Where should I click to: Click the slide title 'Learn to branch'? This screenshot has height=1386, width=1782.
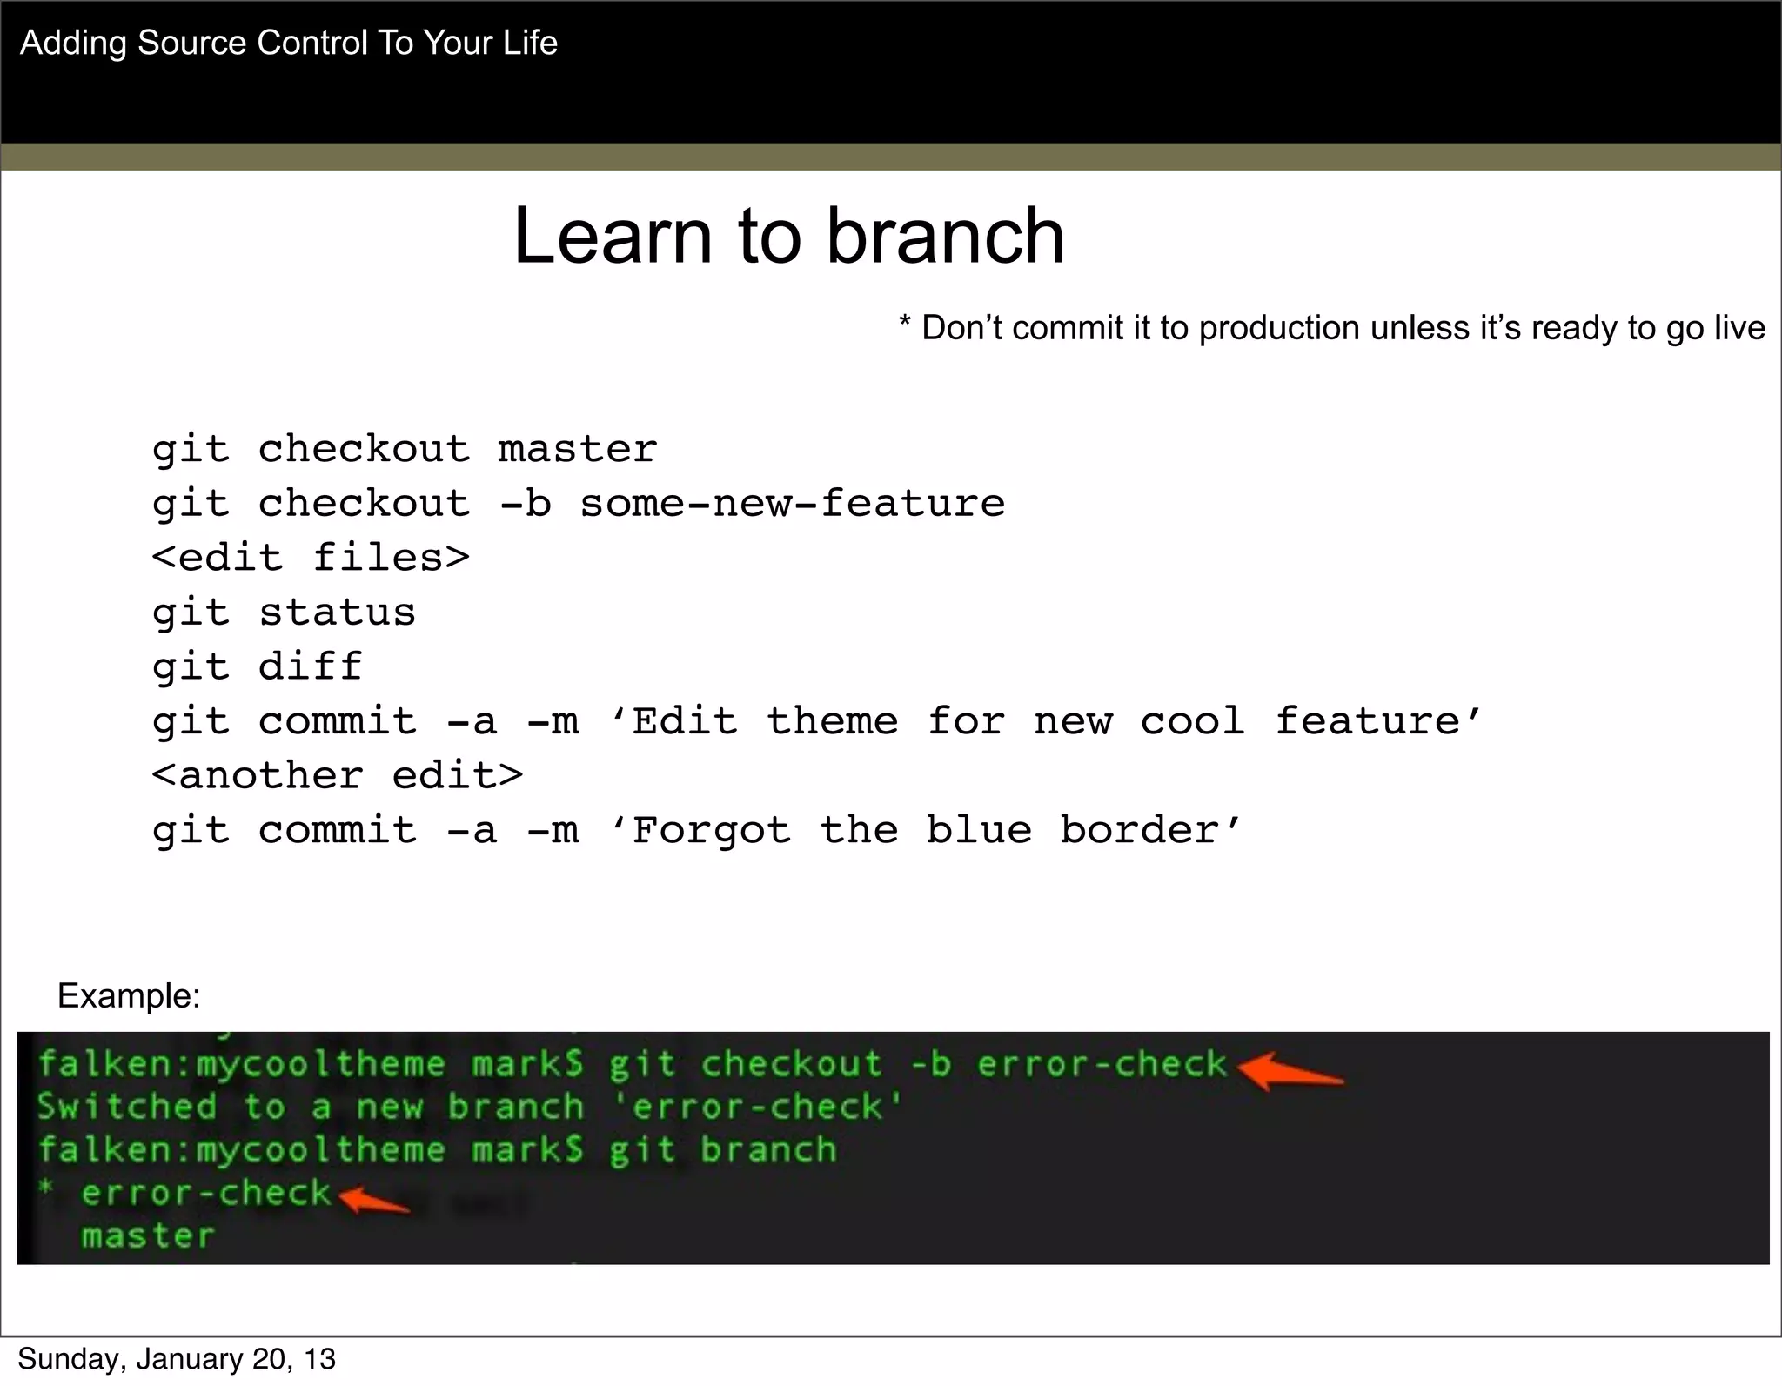788,237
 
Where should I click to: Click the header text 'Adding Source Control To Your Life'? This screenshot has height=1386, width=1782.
288,43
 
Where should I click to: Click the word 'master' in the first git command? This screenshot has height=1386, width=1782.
577,450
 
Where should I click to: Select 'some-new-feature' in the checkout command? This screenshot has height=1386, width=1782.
792,504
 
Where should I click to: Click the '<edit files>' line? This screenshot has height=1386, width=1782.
311,558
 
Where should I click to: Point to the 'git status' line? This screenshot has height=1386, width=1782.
284,613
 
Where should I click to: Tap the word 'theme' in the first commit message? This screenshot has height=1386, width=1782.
832,721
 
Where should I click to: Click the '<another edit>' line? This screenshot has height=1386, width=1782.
338,775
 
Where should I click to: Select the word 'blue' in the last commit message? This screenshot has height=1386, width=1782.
979,830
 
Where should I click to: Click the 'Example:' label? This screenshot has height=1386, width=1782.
129,995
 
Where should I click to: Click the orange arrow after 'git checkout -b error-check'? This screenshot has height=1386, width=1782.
1289,1071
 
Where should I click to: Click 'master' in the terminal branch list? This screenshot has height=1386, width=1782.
148,1235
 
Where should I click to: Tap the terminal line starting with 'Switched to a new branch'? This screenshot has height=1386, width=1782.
470,1107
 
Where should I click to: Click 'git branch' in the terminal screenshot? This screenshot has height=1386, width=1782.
722,1150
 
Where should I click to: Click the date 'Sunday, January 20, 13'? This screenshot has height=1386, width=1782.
177,1359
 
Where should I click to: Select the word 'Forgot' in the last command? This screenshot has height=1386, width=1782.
711,830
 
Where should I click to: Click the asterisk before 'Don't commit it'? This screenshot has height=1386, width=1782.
905,325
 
